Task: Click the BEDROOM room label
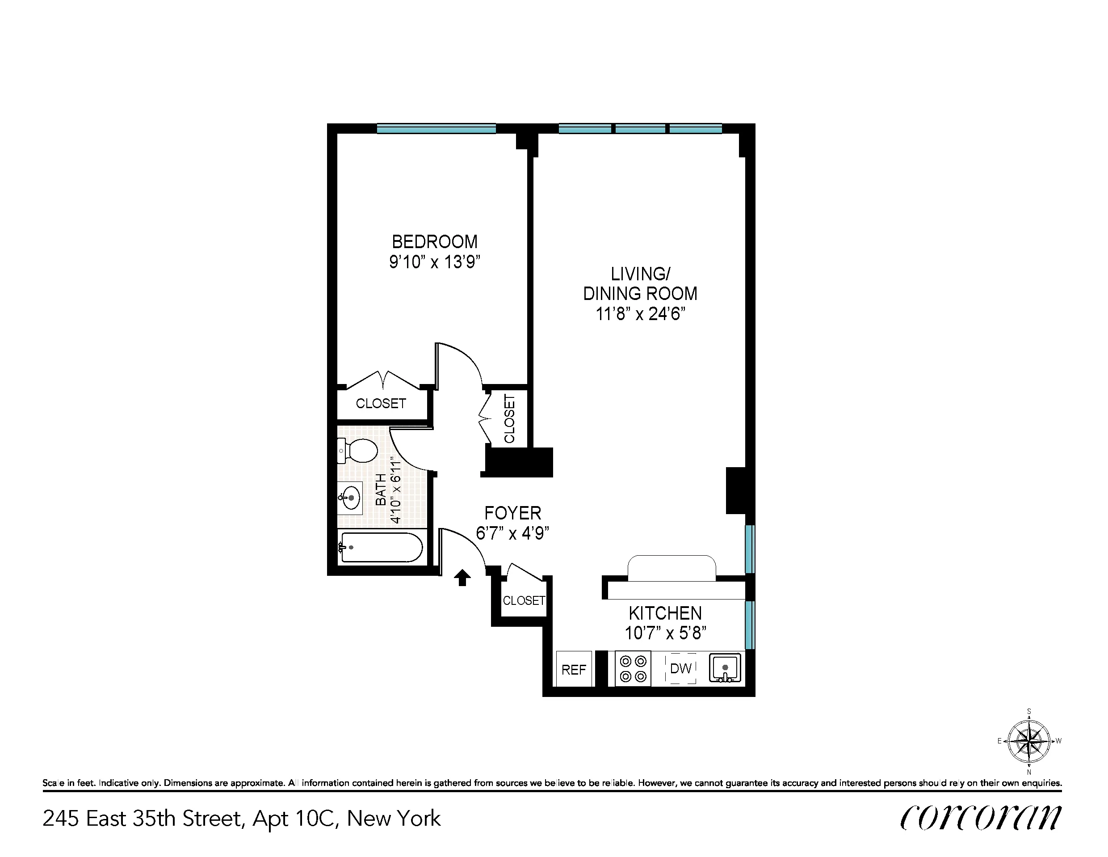tap(435, 242)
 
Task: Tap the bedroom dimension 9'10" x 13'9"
tap(435, 262)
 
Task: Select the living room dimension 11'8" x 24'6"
tap(640, 314)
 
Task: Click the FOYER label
tap(513, 513)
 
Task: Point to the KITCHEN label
tap(665, 613)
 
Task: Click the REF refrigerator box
tap(574, 669)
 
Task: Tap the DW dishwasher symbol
tap(680, 669)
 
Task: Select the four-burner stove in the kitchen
tap(633, 669)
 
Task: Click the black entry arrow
tap(462, 578)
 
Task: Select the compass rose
tap(1029, 741)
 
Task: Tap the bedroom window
tap(436, 128)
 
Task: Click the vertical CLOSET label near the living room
tap(509, 419)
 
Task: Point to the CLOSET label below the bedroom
tap(381, 404)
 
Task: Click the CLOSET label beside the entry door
tap(524, 600)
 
